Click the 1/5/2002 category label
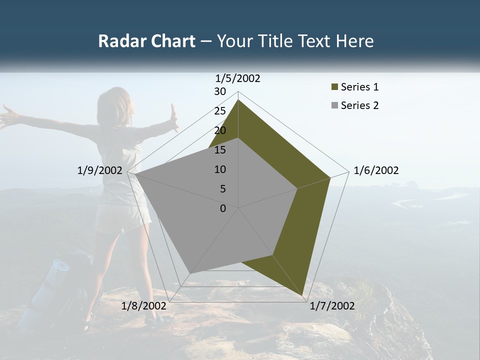[238, 78]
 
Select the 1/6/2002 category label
[376, 170]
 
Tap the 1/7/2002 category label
[332, 306]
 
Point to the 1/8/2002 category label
[143, 306]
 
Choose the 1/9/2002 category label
[99, 170]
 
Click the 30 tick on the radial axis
[220, 91]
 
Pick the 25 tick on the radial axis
[220, 111]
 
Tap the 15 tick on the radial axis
[220, 150]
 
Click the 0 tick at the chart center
[223, 208]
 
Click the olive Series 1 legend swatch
[335, 87]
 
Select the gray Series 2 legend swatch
[335, 105]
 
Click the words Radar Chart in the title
[146, 41]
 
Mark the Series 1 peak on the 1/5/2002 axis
[238, 99]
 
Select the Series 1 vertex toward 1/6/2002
[330, 177]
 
